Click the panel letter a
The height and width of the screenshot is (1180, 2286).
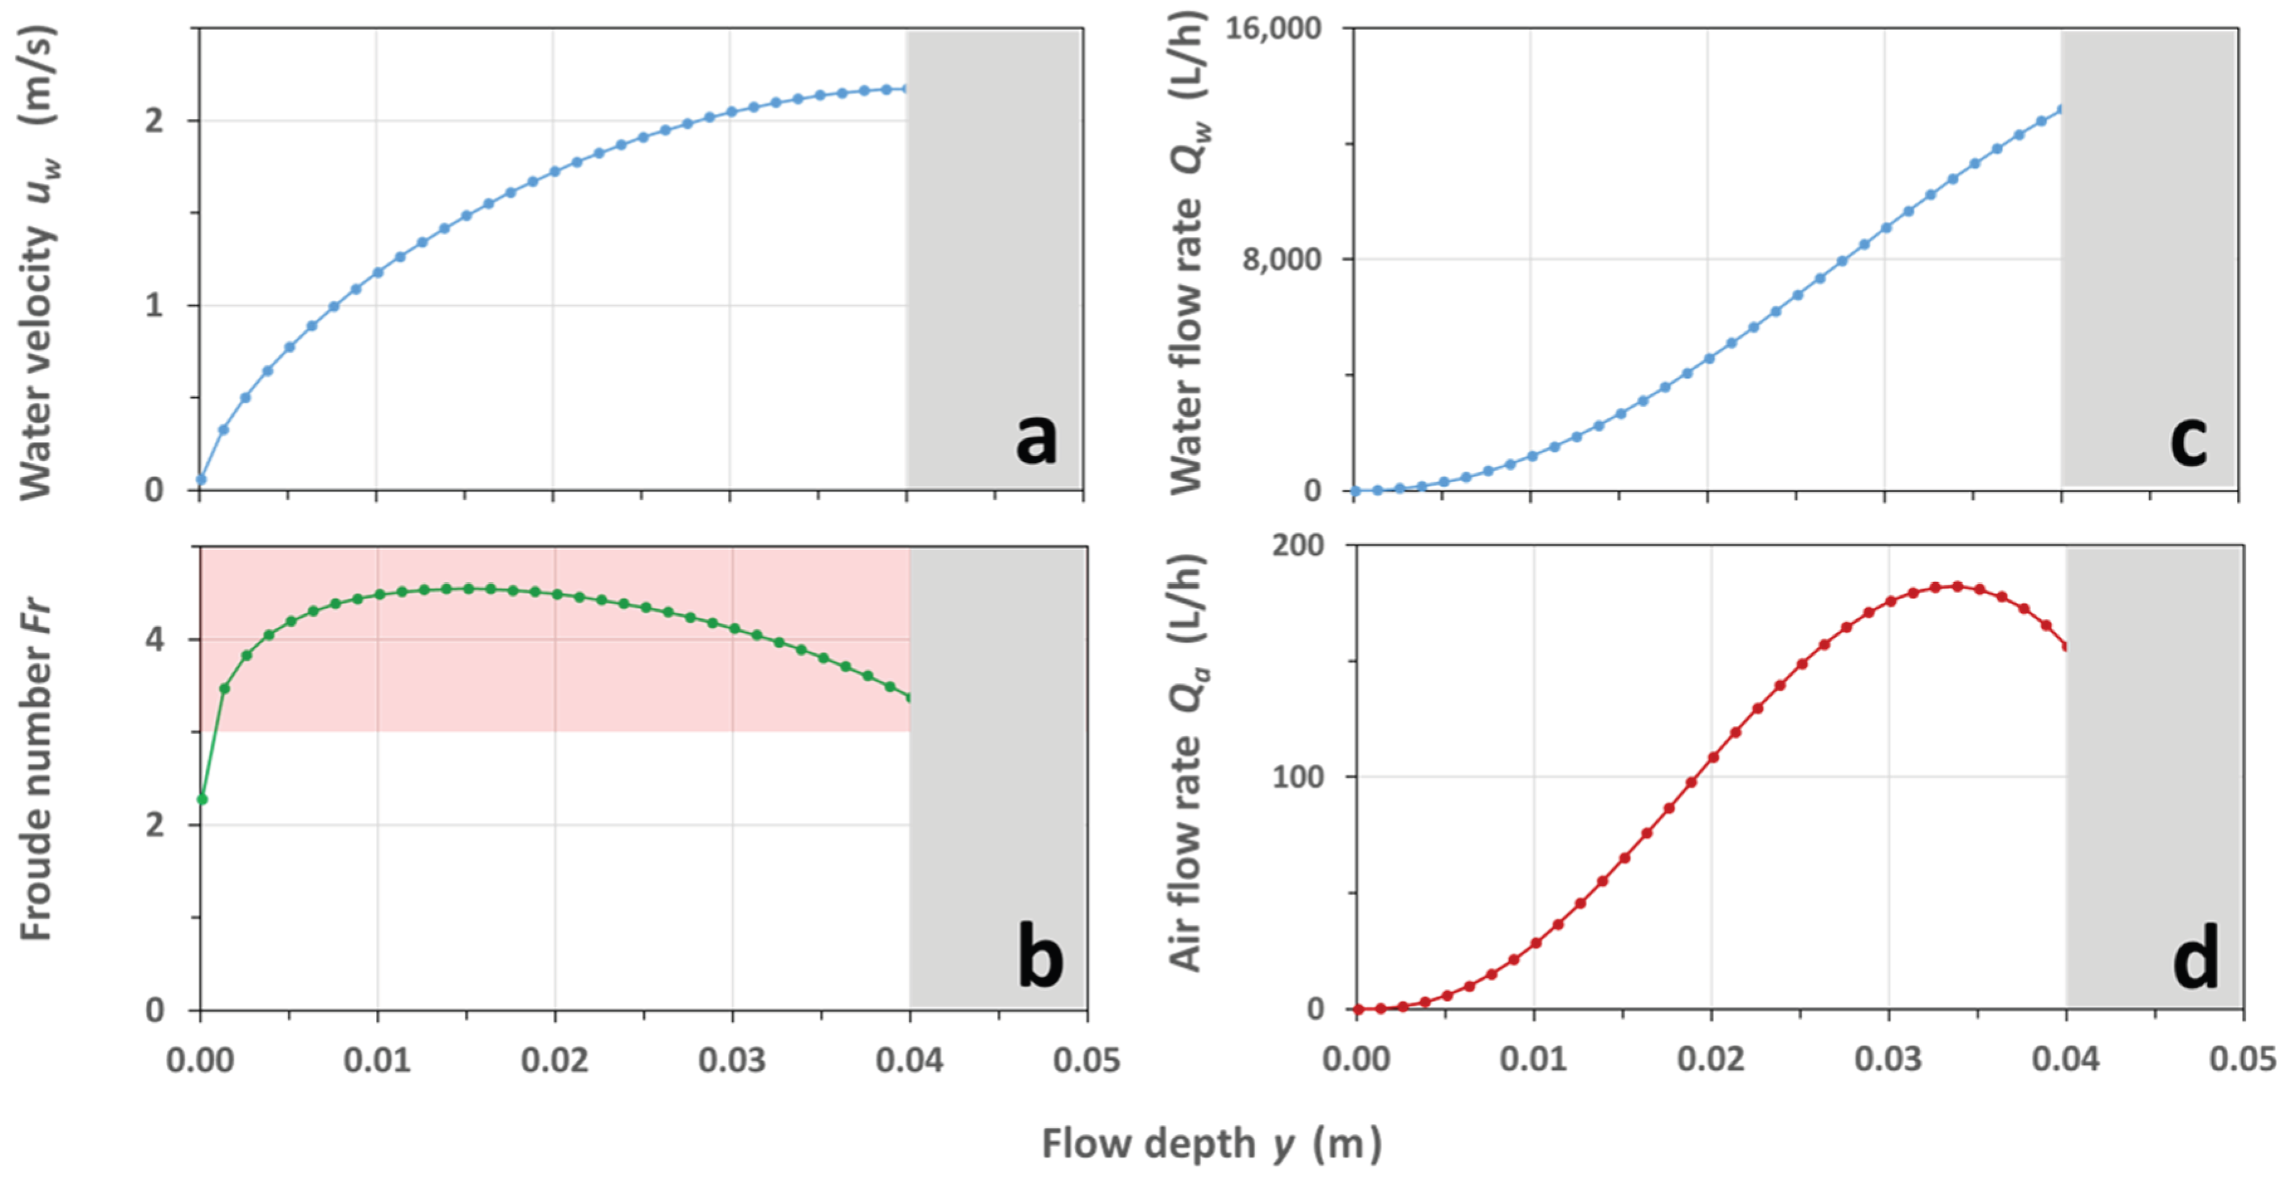(x=1036, y=439)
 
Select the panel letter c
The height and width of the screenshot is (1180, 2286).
(x=2189, y=439)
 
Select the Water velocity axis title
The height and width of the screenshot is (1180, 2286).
(x=37, y=262)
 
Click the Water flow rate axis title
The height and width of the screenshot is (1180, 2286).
(x=1187, y=253)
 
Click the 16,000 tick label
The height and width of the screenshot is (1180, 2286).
(x=1273, y=28)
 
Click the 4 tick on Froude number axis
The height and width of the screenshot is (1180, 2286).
(x=155, y=639)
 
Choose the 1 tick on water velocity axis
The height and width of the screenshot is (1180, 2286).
(x=155, y=306)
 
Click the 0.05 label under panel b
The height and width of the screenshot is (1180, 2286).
(x=1086, y=1060)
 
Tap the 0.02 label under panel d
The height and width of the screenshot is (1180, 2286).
(x=1710, y=1060)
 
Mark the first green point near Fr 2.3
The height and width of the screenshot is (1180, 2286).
(x=202, y=799)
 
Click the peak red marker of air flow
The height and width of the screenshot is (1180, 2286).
(x=1957, y=586)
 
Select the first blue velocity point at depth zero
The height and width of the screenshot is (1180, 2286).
(x=201, y=480)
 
